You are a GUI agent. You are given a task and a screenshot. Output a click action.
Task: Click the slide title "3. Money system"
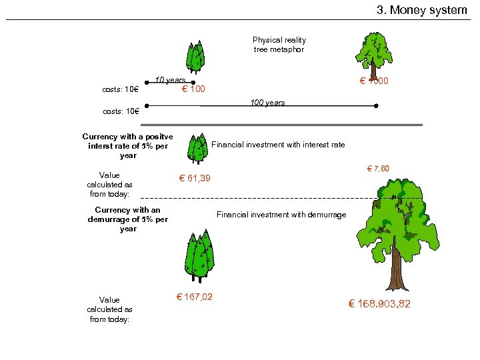pyautogui.click(x=422, y=10)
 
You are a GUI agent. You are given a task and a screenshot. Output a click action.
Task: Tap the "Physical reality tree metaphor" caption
pyautogui.click(x=279, y=45)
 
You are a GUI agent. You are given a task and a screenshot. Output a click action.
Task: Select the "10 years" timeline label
pyautogui.click(x=170, y=81)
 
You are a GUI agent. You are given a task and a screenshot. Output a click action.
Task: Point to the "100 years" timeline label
pyautogui.click(x=267, y=103)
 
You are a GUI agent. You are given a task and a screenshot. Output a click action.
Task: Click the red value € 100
pyautogui.click(x=193, y=89)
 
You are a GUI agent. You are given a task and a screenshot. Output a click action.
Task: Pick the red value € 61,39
pyautogui.click(x=194, y=178)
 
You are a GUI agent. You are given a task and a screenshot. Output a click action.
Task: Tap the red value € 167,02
pyautogui.click(x=194, y=297)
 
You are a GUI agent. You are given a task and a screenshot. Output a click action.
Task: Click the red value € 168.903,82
pyautogui.click(x=379, y=304)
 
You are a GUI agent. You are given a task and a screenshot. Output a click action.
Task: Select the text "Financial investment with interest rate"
pyautogui.click(x=278, y=145)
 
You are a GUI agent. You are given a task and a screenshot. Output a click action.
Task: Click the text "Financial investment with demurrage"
pyautogui.click(x=281, y=215)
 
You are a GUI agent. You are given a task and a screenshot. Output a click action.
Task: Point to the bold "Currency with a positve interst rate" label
pyautogui.click(x=127, y=146)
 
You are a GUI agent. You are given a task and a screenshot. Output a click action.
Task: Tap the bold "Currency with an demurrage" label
pyautogui.click(x=127, y=219)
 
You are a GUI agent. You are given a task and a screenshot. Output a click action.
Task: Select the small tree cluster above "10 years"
pyautogui.click(x=195, y=57)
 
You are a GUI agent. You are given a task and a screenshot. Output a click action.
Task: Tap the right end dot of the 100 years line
pyautogui.click(x=377, y=106)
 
